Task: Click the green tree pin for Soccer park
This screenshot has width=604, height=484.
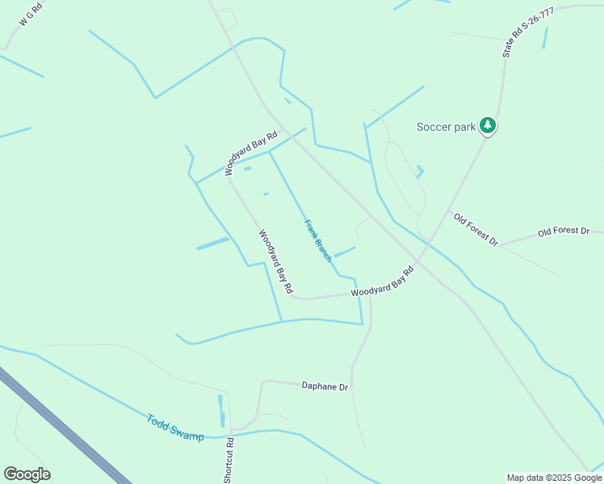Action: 487,125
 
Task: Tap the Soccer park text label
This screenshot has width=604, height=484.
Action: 445,127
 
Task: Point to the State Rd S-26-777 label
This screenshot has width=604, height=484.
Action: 517,33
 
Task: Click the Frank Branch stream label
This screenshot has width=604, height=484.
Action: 317,240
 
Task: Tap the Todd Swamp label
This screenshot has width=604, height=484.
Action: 175,428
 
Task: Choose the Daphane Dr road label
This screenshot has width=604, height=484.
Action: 325,386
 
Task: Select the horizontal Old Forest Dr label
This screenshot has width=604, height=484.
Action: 564,232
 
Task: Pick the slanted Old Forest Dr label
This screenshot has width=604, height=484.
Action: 476,230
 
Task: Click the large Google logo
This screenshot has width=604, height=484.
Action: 27,474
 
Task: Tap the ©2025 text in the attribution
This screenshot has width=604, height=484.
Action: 557,478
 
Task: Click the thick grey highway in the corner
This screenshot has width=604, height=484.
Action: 65,428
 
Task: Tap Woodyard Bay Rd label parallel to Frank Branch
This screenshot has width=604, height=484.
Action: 275,261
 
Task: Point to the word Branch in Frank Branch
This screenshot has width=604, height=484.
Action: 323,249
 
